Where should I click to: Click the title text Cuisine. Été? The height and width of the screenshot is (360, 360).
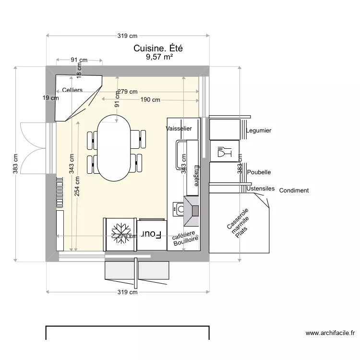158,48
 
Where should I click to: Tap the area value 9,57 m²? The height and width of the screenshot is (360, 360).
159,57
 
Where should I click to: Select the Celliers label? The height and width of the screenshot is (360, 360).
72,90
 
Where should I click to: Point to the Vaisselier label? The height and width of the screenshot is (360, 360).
179,129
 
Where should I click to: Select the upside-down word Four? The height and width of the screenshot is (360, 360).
151,234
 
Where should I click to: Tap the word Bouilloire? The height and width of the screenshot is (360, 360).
186,243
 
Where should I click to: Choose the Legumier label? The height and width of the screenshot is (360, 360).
259,131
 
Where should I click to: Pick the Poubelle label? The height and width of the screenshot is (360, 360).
259,172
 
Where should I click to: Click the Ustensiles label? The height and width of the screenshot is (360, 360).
261,189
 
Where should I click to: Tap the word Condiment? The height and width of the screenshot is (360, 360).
294,191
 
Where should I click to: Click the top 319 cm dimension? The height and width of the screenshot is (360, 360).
128,36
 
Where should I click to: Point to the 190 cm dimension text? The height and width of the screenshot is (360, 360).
150,100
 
